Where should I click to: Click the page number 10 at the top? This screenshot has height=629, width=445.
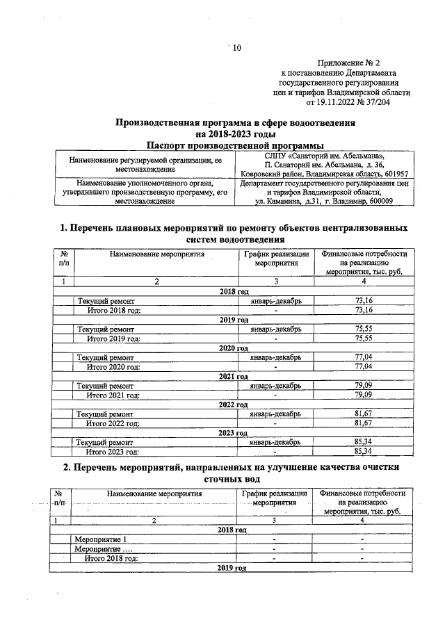click(236, 48)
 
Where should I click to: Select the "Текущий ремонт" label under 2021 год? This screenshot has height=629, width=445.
click(106, 385)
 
